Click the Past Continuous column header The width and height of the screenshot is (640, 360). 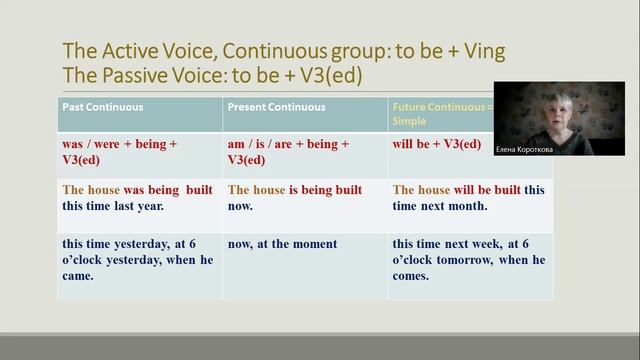tap(102, 107)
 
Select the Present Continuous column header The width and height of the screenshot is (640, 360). tap(276, 107)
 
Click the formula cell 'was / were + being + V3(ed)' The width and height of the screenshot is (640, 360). tap(119, 151)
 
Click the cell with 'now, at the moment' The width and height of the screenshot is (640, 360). tap(282, 244)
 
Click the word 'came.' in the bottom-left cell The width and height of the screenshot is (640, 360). tap(78, 276)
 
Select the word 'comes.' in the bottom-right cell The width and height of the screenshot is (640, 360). tap(412, 276)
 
